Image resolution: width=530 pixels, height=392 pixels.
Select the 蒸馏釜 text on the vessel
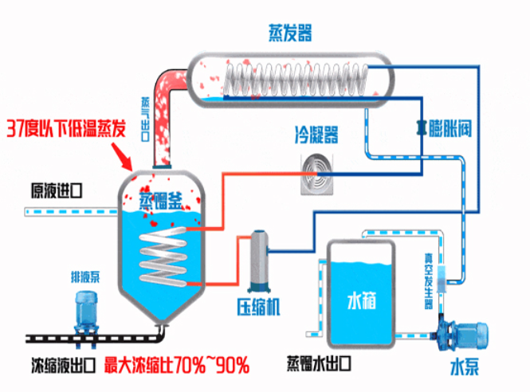[x=160, y=200]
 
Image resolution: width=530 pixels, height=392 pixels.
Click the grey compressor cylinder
[x=259, y=262]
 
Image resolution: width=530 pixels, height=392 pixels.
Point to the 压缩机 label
[x=259, y=308]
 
